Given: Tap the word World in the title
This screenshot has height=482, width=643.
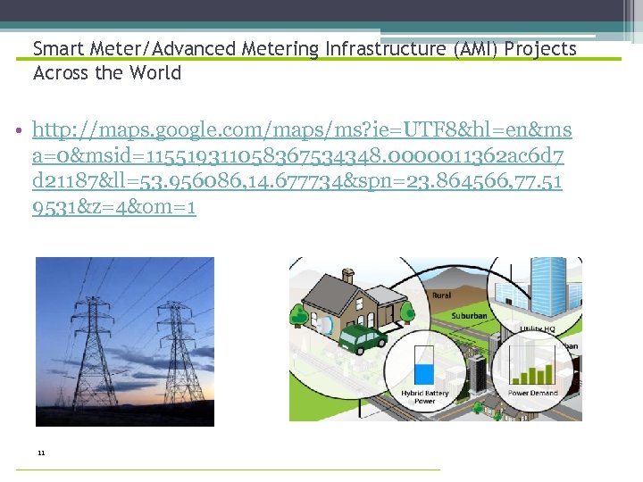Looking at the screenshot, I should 155,73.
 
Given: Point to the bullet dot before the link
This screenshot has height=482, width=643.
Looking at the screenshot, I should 20,132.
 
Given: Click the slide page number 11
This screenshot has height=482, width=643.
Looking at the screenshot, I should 41,453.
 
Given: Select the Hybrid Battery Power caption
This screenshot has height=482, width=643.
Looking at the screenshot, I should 425,397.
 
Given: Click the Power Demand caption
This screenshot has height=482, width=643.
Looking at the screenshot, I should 531,393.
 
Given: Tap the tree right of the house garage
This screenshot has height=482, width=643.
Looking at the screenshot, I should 408,311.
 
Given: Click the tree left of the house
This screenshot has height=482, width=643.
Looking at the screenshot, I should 297,314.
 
